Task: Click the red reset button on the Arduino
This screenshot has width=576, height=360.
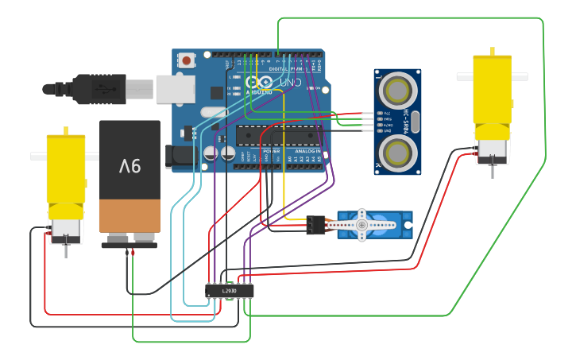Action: point(187,60)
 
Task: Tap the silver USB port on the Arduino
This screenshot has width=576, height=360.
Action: point(175,89)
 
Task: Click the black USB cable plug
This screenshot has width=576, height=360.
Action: point(99,89)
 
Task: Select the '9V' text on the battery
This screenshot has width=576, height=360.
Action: point(130,166)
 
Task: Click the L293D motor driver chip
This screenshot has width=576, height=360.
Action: point(229,291)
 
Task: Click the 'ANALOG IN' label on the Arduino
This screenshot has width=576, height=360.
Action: point(307,151)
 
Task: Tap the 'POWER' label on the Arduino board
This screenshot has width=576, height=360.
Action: point(271,151)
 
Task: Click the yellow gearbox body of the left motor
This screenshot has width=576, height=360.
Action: point(65,176)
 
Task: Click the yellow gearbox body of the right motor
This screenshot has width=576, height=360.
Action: point(493,89)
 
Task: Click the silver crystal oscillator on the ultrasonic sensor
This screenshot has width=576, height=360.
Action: point(415,121)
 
